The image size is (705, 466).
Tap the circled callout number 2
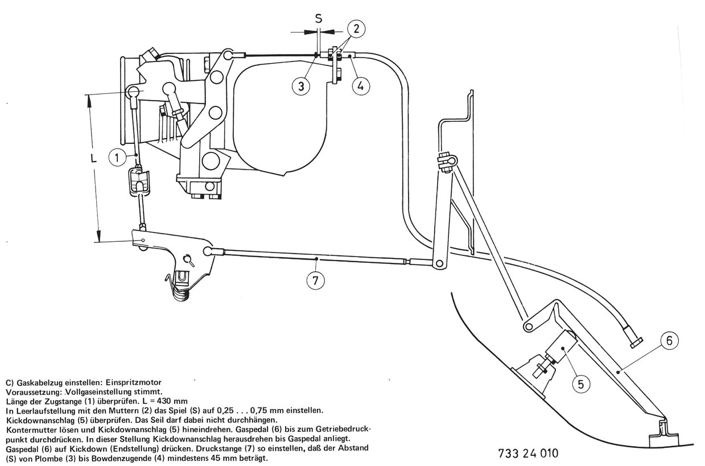[x=354, y=28]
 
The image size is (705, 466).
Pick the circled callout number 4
[x=360, y=86]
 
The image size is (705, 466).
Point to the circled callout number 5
[x=580, y=384]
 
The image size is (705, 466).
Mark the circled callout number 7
[x=316, y=281]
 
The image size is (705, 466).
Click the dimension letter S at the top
[x=319, y=18]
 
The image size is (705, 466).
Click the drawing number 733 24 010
[x=527, y=453]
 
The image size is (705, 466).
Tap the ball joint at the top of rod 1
[x=134, y=93]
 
